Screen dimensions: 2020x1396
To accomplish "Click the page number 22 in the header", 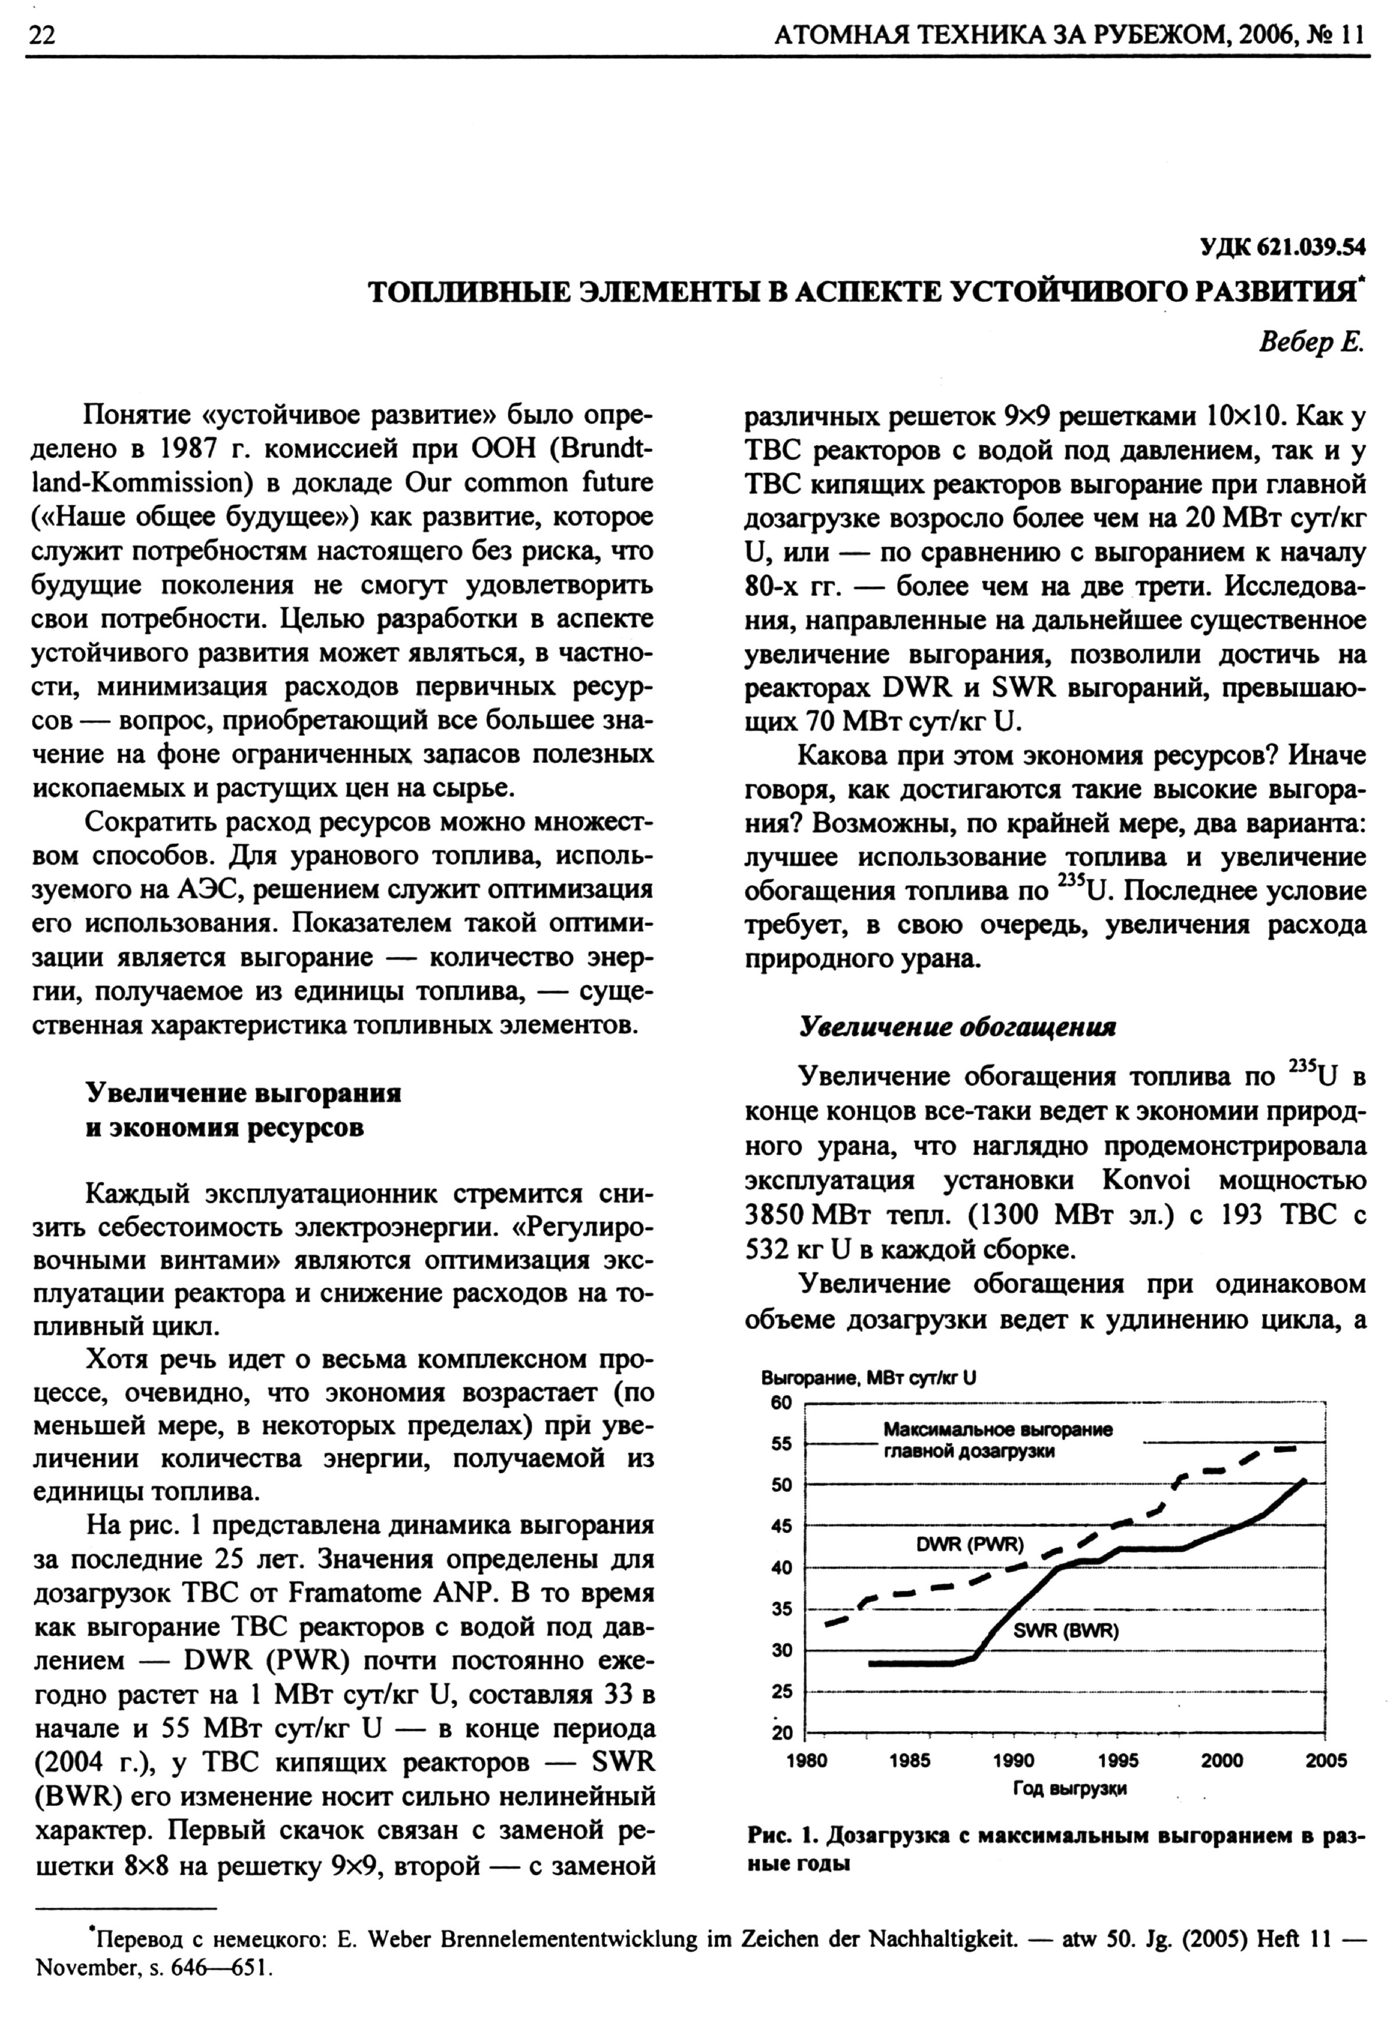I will tap(41, 36).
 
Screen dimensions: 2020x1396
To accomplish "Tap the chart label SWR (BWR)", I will tap(1066, 1631).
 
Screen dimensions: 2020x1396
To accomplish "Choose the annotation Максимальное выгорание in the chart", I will tap(998, 1430).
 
